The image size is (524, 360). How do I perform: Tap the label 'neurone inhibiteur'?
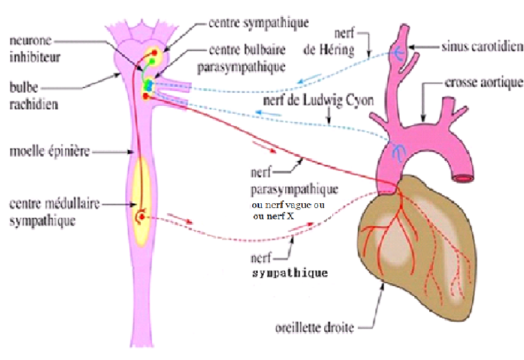[x=34, y=48]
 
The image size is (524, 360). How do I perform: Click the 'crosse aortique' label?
[x=484, y=83]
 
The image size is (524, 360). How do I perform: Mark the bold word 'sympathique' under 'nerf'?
[x=290, y=273]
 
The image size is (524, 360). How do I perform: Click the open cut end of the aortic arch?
[x=464, y=178]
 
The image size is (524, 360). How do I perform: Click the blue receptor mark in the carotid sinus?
[x=398, y=52]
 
